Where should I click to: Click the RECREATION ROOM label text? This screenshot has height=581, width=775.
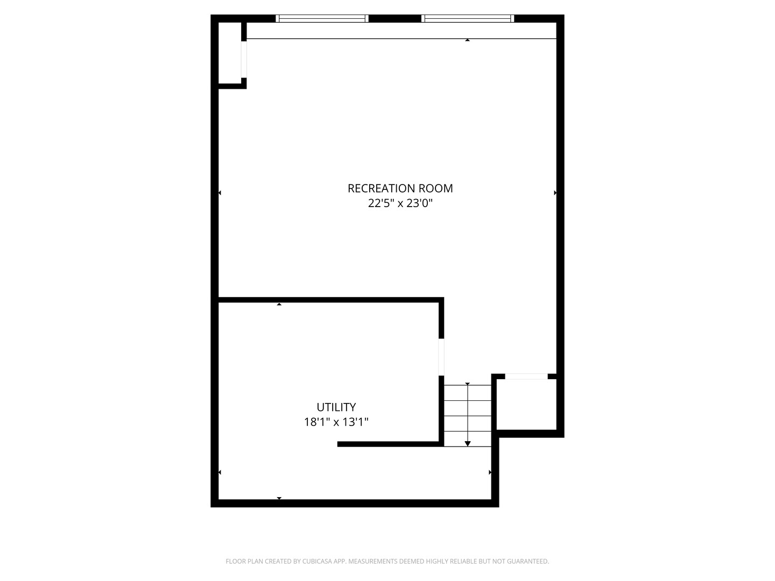click(400, 188)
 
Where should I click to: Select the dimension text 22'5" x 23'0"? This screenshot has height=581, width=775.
click(400, 203)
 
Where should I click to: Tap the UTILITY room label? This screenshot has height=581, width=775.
click(336, 407)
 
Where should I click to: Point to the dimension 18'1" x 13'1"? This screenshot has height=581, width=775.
click(336, 422)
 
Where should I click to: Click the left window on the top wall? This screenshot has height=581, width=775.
click(322, 19)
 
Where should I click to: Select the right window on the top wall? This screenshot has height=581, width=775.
click(467, 19)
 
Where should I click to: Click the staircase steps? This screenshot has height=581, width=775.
click(467, 415)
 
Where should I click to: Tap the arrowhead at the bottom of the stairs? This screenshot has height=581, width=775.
click(468, 443)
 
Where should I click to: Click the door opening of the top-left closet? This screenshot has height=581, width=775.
click(244, 59)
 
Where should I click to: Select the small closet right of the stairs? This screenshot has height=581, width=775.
click(526, 404)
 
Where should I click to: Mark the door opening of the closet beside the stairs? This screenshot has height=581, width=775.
click(526, 377)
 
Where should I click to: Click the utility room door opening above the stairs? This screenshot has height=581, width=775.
click(441, 357)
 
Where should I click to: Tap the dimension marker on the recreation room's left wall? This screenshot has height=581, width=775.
click(220, 193)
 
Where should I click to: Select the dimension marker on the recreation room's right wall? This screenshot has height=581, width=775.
click(555, 193)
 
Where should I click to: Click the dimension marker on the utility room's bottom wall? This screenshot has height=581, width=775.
click(279, 498)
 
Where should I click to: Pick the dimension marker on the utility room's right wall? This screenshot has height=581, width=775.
click(490, 472)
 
